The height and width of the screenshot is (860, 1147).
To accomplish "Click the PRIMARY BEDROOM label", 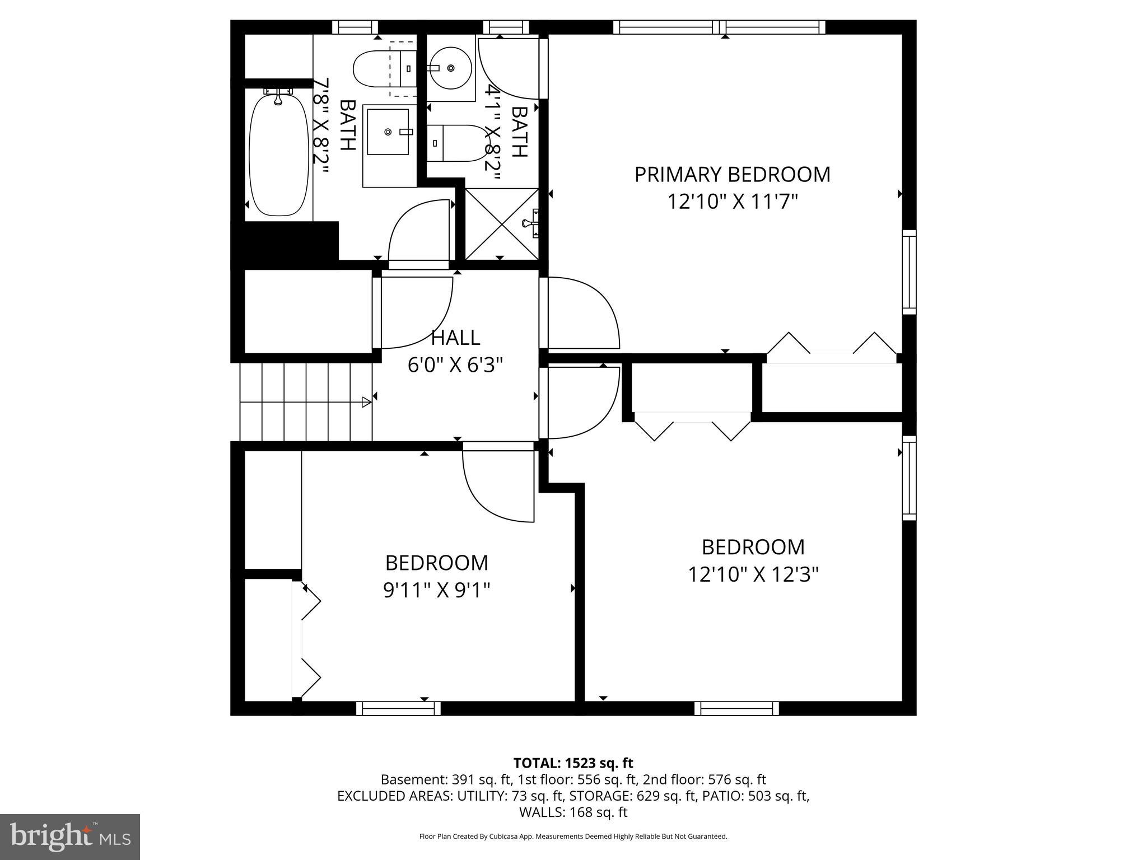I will pyautogui.click(x=732, y=175).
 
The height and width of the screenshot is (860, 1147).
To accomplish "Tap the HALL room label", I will pyautogui.click(x=455, y=338).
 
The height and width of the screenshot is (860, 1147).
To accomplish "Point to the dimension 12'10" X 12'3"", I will pyautogui.click(x=753, y=574).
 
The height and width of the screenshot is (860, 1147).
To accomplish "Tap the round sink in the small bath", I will pyautogui.click(x=450, y=68).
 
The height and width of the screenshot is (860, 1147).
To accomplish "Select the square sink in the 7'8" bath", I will pyautogui.click(x=389, y=132).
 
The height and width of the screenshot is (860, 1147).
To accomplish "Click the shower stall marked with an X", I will pyautogui.click(x=502, y=224).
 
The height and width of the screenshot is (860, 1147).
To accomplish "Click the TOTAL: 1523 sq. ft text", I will pyautogui.click(x=573, y=763).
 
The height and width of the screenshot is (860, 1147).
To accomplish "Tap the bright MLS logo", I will pyautogui.click(x=70, y=836).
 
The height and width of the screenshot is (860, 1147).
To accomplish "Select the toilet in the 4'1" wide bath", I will pyautogui.click(x=456, y=143).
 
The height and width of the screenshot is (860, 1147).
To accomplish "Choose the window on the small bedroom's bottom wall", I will pyautogui.click(x=398, y=708).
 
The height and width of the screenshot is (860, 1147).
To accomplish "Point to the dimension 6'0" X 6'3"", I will pyautogui.click(x=455, y=365).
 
